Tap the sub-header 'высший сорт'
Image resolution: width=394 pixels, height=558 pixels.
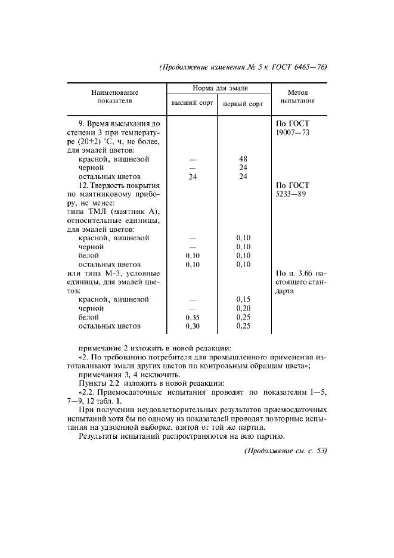pos(192,103)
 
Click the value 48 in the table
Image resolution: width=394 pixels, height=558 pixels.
pos(242,159)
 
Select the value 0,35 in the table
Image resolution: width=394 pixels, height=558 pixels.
pos(192,318)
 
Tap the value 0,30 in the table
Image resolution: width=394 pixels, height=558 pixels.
pos(192,327)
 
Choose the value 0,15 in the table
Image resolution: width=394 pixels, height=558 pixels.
pos(242,299)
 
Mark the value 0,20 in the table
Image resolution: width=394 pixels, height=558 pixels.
pos(242,309)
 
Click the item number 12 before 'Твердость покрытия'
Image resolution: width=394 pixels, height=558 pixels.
pos(83,185)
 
